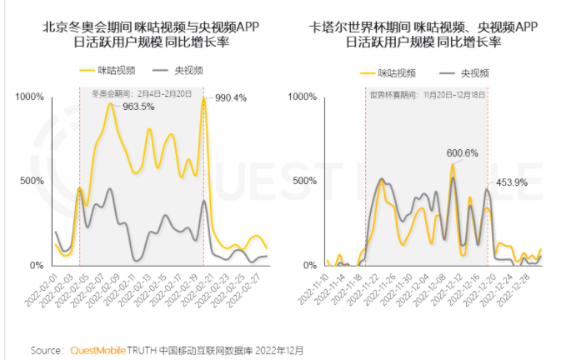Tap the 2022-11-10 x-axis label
[315, 297]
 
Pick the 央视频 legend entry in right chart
[463, 72]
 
